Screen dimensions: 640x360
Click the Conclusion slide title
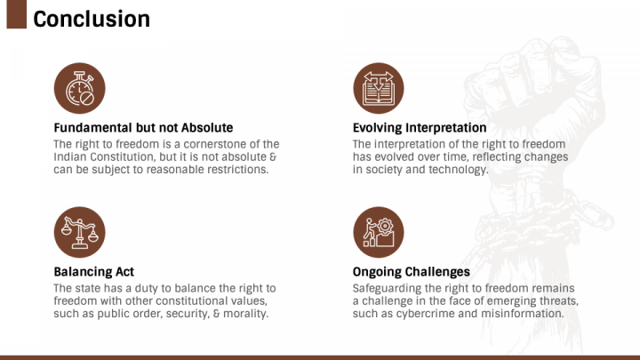click(x=92, y=20)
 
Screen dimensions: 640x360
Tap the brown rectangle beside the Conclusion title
click(x=17, y=14)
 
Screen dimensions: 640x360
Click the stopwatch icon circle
click(x=80, y=88)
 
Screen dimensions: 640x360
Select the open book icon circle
click(x=379, y=88)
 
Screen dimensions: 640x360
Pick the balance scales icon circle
click(x=80, y=232)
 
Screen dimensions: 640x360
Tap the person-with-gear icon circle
click(x=379, y=232)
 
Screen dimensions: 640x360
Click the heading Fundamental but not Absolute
click(x=143, y=128)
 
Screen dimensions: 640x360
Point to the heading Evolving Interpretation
click(x=420, y=128)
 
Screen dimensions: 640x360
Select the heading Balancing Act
click(x=94, y=272)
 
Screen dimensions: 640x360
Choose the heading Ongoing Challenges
click(x=412, y=272)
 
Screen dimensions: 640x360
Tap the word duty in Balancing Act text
click(x=148, y=289)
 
